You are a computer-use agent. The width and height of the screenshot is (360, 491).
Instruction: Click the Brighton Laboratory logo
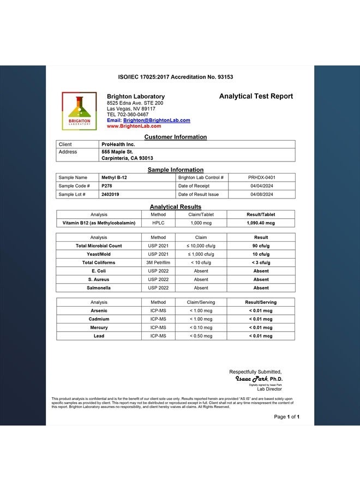point(79,111)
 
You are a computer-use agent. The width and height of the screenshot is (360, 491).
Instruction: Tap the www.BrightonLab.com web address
point(134,126)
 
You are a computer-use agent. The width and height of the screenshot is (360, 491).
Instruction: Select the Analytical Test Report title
point(256,97)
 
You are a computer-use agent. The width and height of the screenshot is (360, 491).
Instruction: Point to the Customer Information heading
point(175,137)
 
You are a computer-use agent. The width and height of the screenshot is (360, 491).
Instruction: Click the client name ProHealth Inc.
point(118,144)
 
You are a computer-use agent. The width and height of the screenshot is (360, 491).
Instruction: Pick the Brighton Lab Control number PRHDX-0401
point(261,177)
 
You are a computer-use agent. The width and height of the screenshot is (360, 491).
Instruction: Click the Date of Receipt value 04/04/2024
point(261,186)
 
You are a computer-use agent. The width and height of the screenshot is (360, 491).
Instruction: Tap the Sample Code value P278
point(107,186)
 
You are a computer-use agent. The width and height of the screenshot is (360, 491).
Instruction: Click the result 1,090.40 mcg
point(261,223)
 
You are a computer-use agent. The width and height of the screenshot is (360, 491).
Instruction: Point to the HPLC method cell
point(158,223)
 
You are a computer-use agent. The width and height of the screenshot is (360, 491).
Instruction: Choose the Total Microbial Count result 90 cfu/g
point(261,246)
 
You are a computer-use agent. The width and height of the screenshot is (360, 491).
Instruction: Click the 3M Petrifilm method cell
point(158,262)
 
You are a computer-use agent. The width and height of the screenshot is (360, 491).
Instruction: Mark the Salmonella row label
point(99,288)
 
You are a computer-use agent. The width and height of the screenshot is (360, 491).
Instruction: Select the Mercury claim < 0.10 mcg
point(201,327)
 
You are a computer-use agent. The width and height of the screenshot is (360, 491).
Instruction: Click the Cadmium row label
point(99,319)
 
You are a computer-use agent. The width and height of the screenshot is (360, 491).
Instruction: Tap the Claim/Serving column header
point(201,302)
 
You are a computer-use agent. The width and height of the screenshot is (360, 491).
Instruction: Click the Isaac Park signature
point(252,379)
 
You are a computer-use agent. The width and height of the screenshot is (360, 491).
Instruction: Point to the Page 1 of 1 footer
point(286,417)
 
